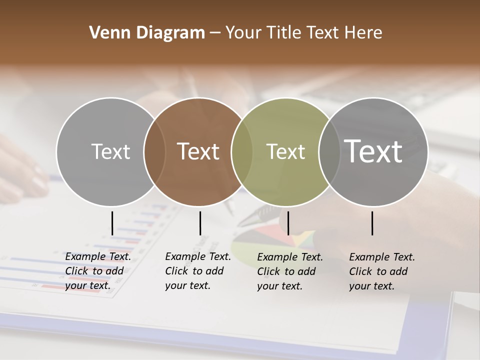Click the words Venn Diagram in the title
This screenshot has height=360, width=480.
point(147,33)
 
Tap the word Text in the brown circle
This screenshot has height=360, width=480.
point(198,151)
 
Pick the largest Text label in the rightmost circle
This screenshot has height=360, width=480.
point(373,151)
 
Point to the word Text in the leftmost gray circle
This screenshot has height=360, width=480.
point(110,151)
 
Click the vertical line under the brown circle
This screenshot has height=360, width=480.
point(200,223)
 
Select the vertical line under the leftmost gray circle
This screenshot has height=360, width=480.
point(112,223)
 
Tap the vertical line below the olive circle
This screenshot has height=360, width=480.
point(288,223)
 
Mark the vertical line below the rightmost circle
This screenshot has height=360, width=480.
point(372,223)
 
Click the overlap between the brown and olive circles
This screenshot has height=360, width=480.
point(242,151)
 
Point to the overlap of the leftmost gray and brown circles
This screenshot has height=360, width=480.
point(154,151)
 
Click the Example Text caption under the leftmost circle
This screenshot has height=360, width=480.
point(98,271)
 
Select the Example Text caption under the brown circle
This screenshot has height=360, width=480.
point(198,271)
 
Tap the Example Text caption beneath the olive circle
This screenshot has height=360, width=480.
point(290,271)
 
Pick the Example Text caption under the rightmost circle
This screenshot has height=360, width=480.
point(382,271)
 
